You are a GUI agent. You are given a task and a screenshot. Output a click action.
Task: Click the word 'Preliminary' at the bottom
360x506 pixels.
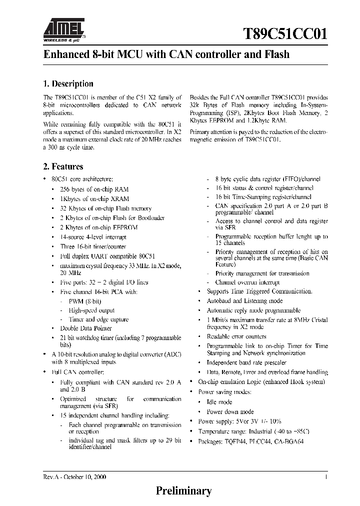[184, 490]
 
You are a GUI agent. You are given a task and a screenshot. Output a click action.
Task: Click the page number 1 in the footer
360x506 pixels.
[326, 477]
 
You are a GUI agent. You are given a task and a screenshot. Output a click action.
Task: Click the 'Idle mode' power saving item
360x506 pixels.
[219, 402]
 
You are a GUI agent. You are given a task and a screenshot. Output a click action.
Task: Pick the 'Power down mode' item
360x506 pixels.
[230, 412]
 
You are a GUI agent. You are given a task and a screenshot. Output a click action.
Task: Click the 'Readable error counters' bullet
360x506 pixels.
[236, 337]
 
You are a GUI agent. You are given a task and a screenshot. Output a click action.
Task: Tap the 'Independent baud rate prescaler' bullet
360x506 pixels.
[246, 362]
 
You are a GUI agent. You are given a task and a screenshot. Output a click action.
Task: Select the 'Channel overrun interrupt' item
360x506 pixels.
[247, 282]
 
